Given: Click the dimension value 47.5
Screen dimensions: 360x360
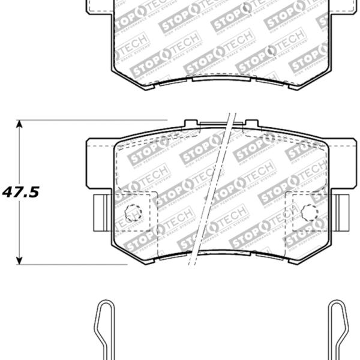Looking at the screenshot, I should tap(20, 193).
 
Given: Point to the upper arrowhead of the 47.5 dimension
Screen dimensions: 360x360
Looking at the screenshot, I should tap(19, 124).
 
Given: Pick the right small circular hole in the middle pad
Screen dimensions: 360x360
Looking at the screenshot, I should tap(310, 212).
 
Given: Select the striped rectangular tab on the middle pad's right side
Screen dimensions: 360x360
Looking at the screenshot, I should tap(341, 213).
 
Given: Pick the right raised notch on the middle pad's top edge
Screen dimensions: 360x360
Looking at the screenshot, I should tap(251, 124).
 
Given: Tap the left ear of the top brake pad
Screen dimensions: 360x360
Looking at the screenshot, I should tap(99, 7).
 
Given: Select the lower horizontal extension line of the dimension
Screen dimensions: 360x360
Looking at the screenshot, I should tap(72, 264).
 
